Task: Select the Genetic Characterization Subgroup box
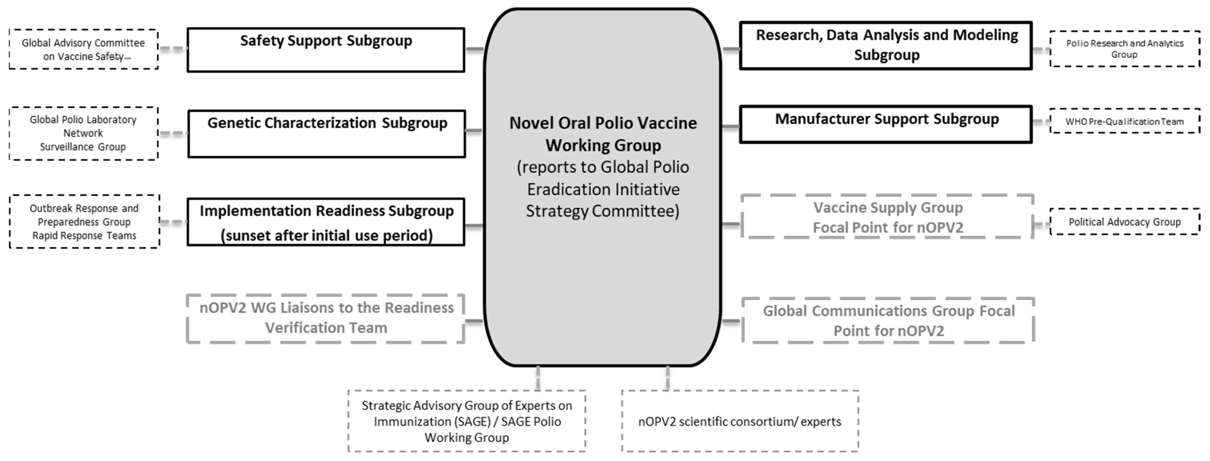(x=327, y=134)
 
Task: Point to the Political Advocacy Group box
(x=1125, y=222)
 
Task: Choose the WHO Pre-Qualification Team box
(x=1125, y=121)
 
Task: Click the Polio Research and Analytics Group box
(x=1125, y=49)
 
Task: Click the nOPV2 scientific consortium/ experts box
(x=740, y=421)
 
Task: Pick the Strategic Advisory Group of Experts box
(x=467, y=421)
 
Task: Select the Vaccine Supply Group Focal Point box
(x=887, y=217)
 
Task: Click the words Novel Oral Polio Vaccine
(x=603, y=123)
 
